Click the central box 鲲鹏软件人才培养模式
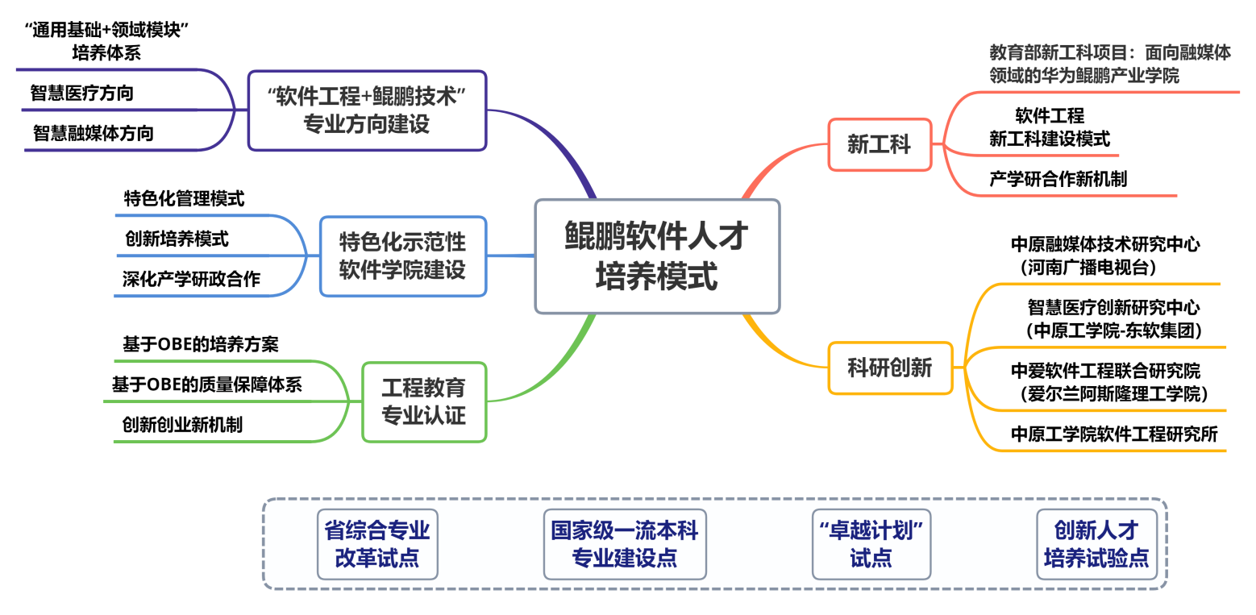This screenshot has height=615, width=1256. [x=657, y=256]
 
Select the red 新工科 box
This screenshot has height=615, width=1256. [x=880, y=144]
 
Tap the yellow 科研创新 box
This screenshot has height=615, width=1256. [x=890, y=368]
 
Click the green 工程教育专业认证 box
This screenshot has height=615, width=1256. [x=424, y=402]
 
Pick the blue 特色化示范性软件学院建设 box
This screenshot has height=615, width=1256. [x=402, y=256]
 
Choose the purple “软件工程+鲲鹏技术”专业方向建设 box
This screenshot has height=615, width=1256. [x=367, y=110]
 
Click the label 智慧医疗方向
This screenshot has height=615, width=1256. [x=82, y=93]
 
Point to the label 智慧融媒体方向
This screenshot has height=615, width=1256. [x=93, y=134]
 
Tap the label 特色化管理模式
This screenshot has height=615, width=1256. [x=184, y=198]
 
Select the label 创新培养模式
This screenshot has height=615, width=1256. [x=177, y=239]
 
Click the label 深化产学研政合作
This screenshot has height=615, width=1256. [x=191, y=279]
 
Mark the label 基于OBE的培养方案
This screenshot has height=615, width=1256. [x=200, y=343]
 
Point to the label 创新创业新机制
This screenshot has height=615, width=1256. [x=182, y=425]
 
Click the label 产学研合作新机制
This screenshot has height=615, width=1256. [x=1058, y=179]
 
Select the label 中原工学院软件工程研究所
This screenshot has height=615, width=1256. [x=1114, y=434]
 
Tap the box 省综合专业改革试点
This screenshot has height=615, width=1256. [x=377, y=544]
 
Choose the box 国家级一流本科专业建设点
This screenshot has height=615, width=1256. [x=625, y=544]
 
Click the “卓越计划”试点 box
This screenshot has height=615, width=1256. [x=871, y=544]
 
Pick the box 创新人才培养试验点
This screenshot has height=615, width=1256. [x=1096, y=544]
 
